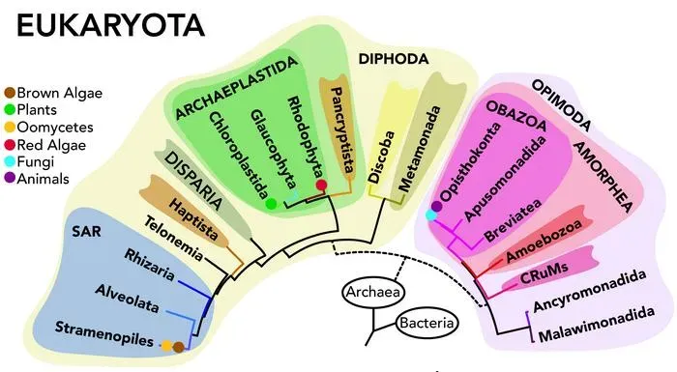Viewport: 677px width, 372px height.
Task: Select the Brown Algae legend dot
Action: click(x=11, y=94)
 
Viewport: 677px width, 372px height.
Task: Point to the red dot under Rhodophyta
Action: click(x=321, y=185)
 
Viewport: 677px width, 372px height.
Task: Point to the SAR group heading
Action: click(x=86, y=232)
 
